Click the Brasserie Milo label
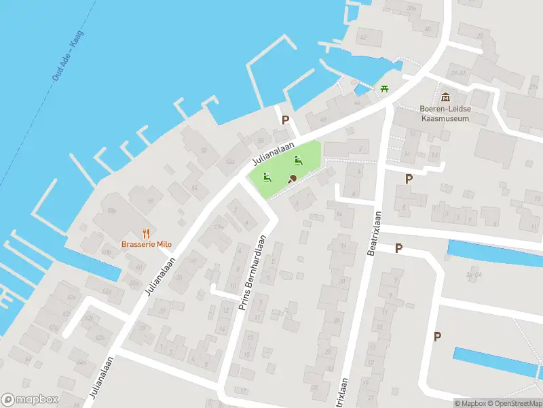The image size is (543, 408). coord(147,244)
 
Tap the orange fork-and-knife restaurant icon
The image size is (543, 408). coord(147,233)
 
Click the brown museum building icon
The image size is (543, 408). coord(445,97)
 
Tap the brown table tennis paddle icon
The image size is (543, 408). coord(292,179)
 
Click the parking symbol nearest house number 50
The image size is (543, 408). coord(286,120)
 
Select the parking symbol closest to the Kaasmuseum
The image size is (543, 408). coord(409,179)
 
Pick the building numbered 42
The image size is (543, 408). coord(362,37)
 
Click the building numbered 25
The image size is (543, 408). coord(479,35)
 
